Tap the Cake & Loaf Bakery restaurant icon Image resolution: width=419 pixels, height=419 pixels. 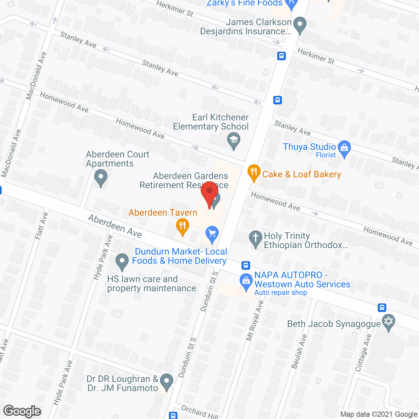(x=254, y=172)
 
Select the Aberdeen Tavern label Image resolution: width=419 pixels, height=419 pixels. (x=163, y=213)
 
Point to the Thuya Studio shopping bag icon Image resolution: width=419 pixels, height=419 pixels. (x=344, y=148)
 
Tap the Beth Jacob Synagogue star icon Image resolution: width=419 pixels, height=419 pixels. (x=389, y=321)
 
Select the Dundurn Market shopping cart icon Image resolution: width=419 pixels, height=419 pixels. (x=212, y=234)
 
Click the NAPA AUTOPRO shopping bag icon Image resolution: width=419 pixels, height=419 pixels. (x=246, y=281)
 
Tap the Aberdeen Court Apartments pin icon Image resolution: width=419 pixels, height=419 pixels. (x=101, y=178)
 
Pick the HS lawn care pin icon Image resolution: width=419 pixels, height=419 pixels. (x=122, y=261)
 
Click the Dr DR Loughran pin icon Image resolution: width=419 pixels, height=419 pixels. (x=167, y=381)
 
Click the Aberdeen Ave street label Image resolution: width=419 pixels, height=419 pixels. (x=115, y=226)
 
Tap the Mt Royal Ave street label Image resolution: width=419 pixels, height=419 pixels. (x=255, y=320)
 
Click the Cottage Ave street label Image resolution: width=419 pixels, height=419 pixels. (x=364, y=353)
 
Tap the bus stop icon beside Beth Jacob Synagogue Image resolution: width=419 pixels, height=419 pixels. (x=382, y=308)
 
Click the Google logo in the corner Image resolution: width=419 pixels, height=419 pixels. (x=22, y=411)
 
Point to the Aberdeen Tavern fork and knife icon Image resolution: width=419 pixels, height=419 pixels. (x=182, y=226)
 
